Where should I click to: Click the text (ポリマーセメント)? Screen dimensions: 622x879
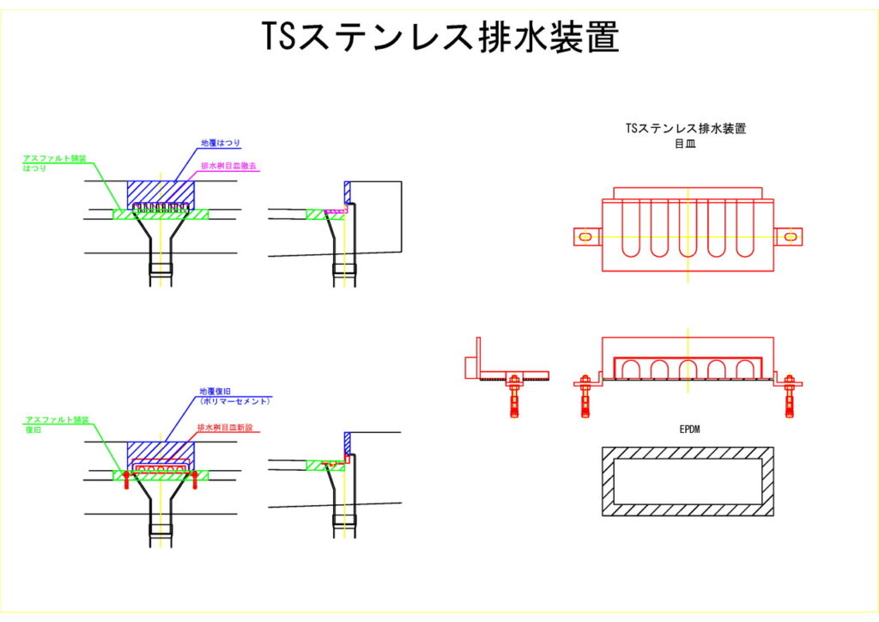tap(233, 401)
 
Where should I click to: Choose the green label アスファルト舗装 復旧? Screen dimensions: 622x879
tap(57, 423)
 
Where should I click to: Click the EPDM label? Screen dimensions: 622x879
tap(688, 429)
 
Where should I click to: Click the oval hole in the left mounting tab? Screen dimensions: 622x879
tap(585, 236)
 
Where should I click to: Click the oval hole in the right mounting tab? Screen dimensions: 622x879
tap(790, 236)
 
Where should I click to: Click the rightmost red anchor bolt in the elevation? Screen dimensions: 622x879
tap(790, 396)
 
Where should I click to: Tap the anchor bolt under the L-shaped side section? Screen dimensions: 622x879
tap(514, 395)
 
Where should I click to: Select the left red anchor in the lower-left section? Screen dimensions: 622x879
tap(125, 479)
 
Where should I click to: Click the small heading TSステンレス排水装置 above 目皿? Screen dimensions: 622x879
tap(687, 130)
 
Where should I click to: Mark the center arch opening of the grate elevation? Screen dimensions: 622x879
tap(688, 369)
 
